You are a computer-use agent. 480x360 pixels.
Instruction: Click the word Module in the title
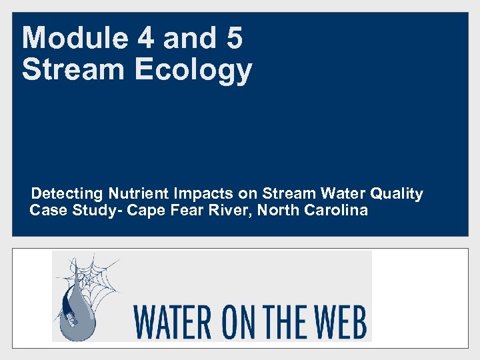(x=74, y=38)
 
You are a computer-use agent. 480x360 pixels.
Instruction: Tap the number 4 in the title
(x=144, y=38)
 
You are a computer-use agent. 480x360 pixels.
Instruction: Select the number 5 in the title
(x=234, y=38)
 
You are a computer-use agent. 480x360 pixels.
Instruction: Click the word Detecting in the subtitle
(x=67, y=194)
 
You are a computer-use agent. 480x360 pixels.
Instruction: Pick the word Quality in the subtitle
(x=397, y=194)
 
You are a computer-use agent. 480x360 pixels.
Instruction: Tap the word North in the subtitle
(x=279, y=211)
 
